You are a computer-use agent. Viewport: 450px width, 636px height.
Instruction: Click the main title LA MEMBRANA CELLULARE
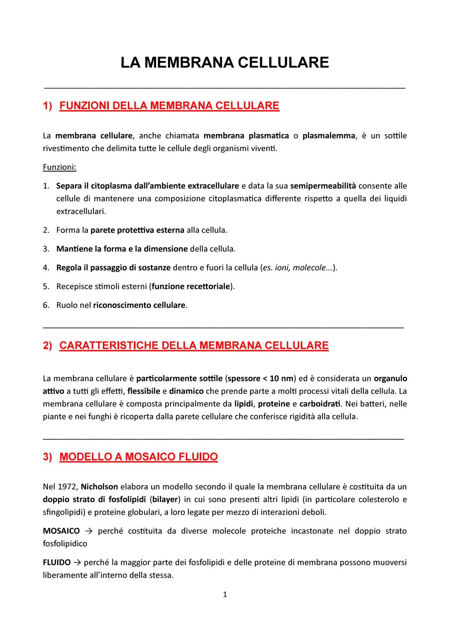click(x=225, y=62)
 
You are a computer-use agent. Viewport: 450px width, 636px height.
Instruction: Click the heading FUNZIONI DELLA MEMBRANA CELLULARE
click(x=169, y=105)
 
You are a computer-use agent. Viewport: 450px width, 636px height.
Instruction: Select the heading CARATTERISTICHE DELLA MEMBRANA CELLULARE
click(x=194, y=346)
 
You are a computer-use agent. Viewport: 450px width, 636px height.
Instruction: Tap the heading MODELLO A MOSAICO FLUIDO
click(x=138, y=457)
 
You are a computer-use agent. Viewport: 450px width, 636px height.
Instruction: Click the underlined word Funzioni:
click(x=60, y=167)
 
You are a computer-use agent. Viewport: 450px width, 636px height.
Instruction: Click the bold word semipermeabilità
click(x=323, y=186)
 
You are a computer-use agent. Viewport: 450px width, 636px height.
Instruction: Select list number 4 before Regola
click(x=46, y=268)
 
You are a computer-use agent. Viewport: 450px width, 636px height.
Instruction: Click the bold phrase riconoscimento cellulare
click(x=139, y=305)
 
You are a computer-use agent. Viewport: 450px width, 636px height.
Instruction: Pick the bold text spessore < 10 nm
click(x=260, y=379)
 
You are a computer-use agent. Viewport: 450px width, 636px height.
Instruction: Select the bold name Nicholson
click(x=99, y=486)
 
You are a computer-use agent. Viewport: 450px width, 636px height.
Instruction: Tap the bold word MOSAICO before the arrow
click(x=61, y=531)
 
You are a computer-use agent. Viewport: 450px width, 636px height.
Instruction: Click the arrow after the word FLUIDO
click(x=77, y=563)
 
